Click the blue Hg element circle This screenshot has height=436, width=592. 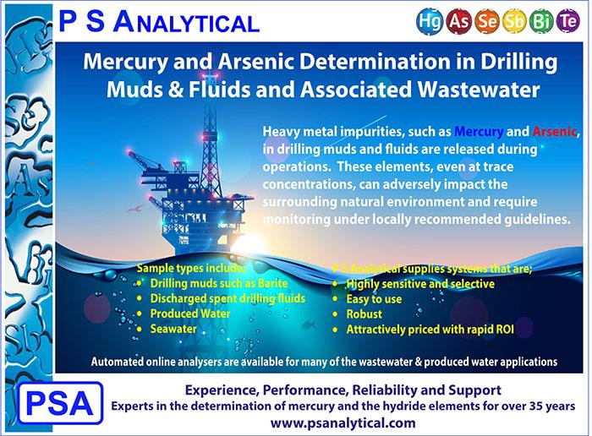click(x=430, y=20)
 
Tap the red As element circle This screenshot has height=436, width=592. click(x=459, y=20)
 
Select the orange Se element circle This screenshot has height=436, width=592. click(x=487, y=20)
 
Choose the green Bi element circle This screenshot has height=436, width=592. click(x=541, y=20)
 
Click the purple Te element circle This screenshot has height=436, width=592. click(x=567, y=20)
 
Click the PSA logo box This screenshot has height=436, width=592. click(x=60, y=403)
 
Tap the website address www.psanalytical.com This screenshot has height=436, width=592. click(x=343, y=422)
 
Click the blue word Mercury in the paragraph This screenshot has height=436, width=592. click(x=479, y=132)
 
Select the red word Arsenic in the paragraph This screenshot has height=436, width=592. click(x=554, y=132)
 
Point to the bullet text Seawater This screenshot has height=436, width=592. click(x=173, y=329)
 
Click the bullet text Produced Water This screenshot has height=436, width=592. click(x=190, y=313)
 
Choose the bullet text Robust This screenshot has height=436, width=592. click(x=364, y=314)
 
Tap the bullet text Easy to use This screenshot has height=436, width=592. click(x=374, y=299)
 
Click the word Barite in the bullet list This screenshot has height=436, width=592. click(x=273, y=283)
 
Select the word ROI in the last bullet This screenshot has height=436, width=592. click(x=505, y=330)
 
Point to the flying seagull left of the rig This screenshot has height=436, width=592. click(x=134, y=208)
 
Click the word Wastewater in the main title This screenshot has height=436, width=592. click(x=479, y=90)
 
